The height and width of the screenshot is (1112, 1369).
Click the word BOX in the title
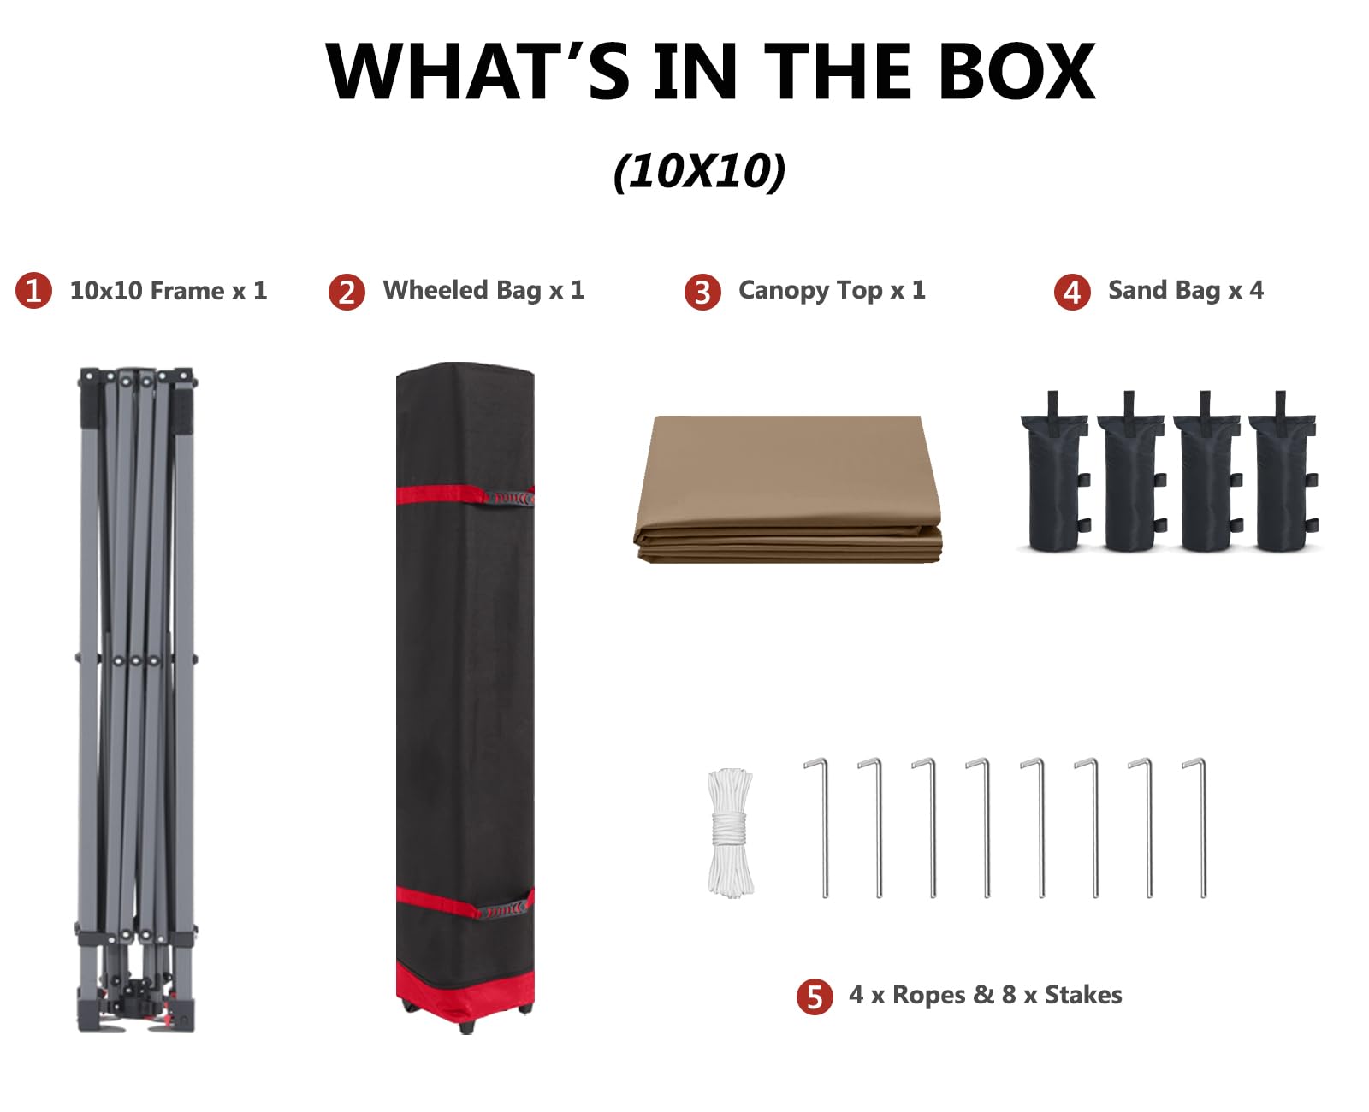point(1016,71)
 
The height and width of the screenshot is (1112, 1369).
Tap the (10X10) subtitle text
point(698,172)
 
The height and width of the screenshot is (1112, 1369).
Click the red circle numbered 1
point(33,290)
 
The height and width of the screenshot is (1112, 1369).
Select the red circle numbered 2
point(347,292)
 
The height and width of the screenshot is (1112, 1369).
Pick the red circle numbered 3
point(702,292)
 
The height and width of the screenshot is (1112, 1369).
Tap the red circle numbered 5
point(814,997)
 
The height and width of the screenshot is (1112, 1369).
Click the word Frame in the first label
point(187,290)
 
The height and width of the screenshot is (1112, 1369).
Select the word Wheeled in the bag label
point(436,290)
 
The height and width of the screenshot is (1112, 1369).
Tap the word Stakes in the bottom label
point(1082,995)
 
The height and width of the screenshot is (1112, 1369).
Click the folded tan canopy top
point(787,489)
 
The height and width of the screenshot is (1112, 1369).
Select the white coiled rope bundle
point(730,832)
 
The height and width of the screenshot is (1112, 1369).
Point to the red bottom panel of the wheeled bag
point(465,992)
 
